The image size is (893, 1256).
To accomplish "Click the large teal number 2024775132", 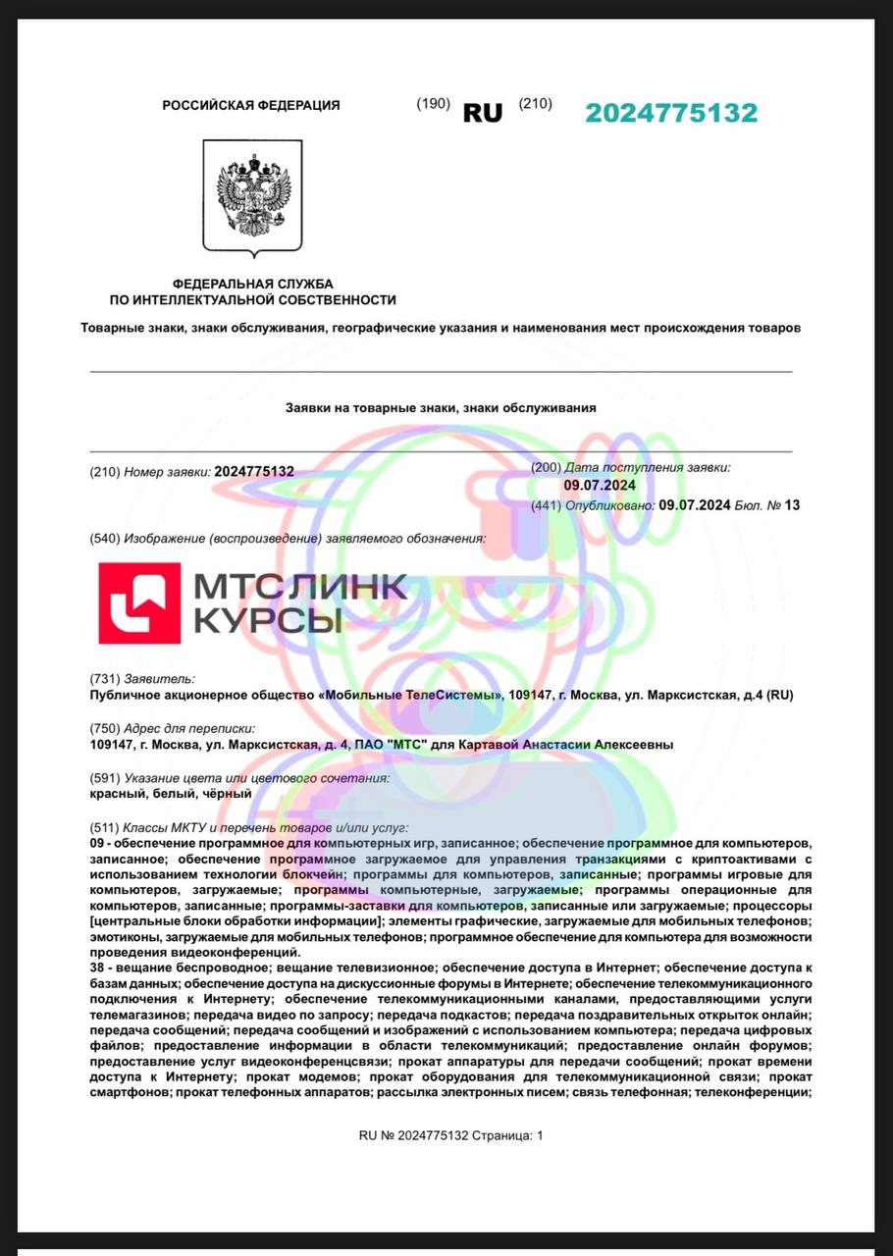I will [671, 113].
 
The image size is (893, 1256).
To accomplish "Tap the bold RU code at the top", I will [482, 113].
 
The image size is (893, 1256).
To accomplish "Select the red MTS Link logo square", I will [139, 602].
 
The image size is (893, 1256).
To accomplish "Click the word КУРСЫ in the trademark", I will [268, 620].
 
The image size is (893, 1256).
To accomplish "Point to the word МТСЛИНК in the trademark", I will [299, 586].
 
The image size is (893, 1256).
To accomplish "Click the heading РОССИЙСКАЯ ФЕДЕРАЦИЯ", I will [251, 105].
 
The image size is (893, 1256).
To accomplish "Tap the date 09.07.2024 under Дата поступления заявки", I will [600, 486].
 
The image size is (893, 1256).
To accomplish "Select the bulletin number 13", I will [792, 505].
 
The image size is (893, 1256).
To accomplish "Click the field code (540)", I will [104, 539].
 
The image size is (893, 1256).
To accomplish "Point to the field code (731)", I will [104, 678].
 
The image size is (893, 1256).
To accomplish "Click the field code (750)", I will [104, 728].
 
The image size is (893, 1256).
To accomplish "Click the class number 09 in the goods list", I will [96, 843].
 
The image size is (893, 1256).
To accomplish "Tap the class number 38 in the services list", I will [96, 968].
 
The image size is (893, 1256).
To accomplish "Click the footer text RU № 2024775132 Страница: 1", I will [450, 1135].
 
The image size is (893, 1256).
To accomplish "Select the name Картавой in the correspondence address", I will [515, 745].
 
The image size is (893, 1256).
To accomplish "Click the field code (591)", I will [104, 778].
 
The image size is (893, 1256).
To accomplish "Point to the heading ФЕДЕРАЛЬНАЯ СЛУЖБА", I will [253, 284].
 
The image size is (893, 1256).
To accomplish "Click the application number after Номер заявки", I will [254, 472].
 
